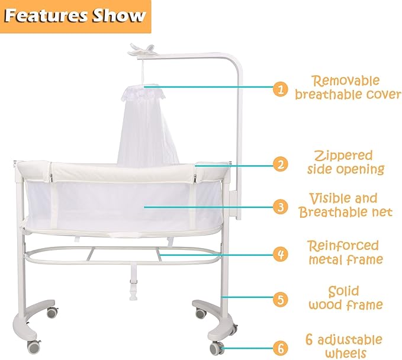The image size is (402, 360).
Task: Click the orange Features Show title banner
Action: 75,16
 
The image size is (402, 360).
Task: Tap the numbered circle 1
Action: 280,89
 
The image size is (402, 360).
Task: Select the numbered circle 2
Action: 280,164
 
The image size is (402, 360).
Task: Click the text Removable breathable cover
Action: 348,87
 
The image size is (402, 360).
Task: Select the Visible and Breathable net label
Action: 346,205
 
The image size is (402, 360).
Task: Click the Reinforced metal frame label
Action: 346,252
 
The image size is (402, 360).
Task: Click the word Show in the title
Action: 118,16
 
